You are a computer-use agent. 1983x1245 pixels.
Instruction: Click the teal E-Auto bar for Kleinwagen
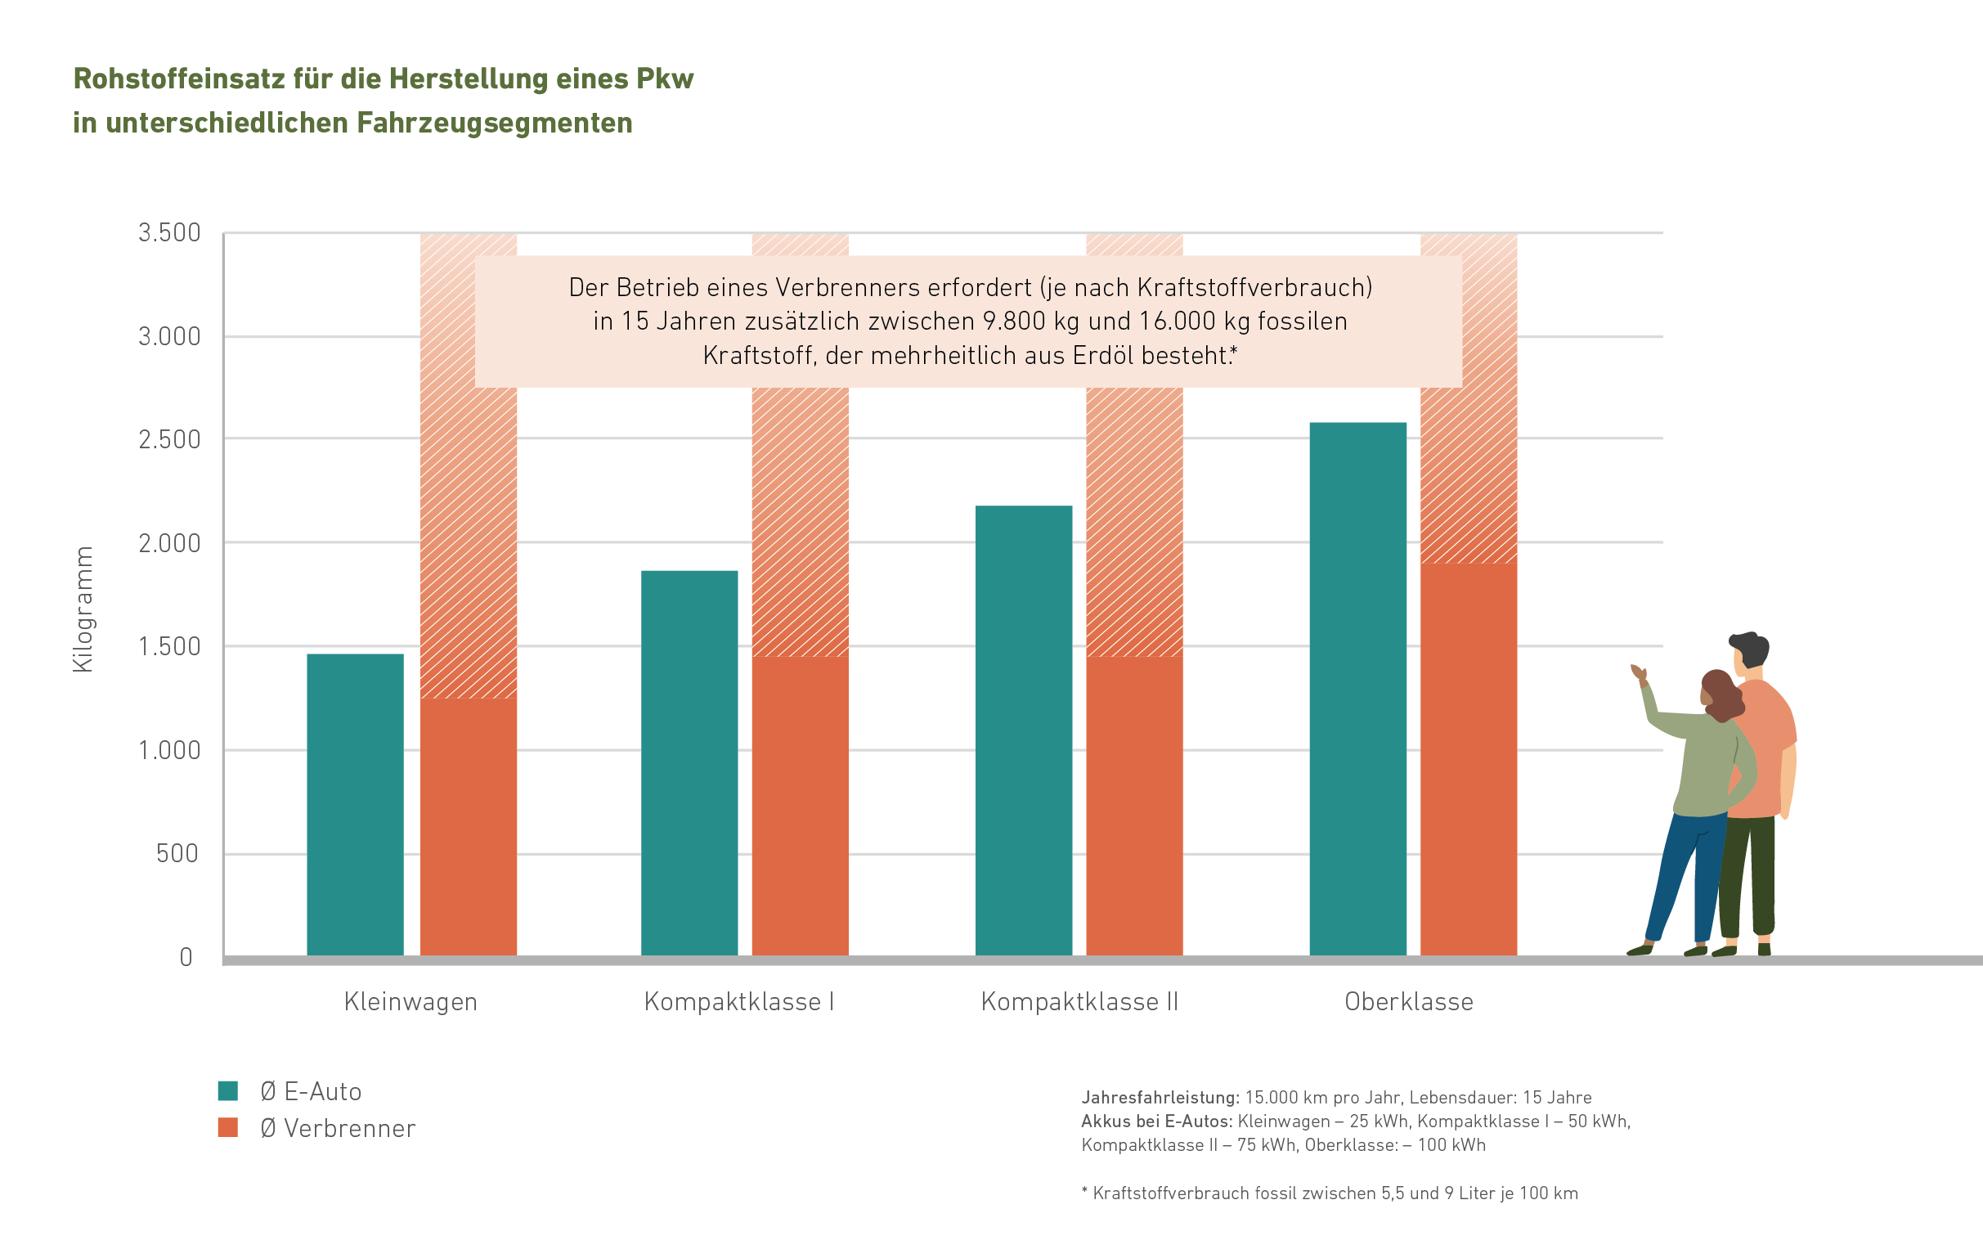pos(355,804)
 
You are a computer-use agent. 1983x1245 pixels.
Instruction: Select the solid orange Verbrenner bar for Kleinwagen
pos(469,827)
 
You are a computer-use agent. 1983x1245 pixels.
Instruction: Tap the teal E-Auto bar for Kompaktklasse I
pos(689,763)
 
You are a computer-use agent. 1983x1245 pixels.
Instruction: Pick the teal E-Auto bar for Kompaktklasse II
pos(1023,730)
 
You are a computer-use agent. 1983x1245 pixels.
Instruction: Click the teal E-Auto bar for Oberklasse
pos(1357,690)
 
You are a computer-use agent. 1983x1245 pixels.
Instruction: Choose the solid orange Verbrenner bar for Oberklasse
pos(1468,759)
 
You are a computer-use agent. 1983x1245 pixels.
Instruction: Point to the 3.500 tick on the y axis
pos(169,233)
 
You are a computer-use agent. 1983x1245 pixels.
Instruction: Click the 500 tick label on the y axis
pos(177,854)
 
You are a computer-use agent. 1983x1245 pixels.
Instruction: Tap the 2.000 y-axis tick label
pos(169,543)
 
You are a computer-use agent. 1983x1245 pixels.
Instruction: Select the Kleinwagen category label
pos(411,1002)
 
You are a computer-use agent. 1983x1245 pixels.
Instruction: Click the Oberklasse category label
pos(1408,1002)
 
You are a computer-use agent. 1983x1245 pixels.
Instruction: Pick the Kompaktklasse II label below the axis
pos(1079,1002)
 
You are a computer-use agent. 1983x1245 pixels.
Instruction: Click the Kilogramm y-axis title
pos(83,609)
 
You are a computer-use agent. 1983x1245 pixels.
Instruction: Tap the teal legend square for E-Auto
pos(228,1091)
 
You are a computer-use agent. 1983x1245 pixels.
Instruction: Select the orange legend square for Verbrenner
pos(228,1127)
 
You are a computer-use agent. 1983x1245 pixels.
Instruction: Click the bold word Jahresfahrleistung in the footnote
pos(1159,1098)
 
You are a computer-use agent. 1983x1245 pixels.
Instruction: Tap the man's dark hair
pos(1751,647)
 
